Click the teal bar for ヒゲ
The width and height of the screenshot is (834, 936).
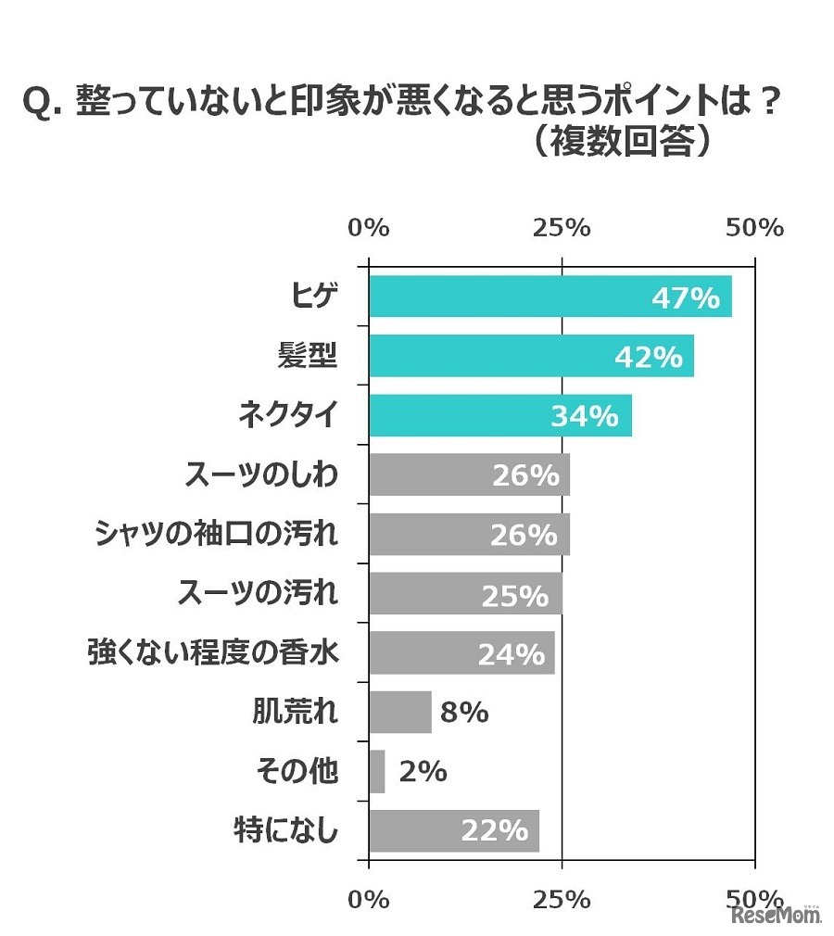coord(550,297)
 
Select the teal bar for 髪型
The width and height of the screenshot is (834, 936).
coord(531,357)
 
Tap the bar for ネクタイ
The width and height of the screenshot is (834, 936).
coord(500,416)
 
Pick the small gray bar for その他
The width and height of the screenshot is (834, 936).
coord(377,771)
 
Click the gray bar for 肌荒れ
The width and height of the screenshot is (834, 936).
coord(400,712)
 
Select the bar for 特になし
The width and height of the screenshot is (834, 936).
coord(454,830)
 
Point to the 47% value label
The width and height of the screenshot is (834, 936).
coord(686,298)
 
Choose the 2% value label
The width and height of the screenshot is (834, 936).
coord(423,771)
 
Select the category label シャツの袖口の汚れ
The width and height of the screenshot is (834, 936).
coord(217,535)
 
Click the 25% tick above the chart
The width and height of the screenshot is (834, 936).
coord(562,228)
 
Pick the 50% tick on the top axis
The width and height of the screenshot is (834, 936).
coord(755,228)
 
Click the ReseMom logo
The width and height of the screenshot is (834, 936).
coord(777,915)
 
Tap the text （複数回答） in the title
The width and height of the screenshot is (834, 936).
coord(623,142)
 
